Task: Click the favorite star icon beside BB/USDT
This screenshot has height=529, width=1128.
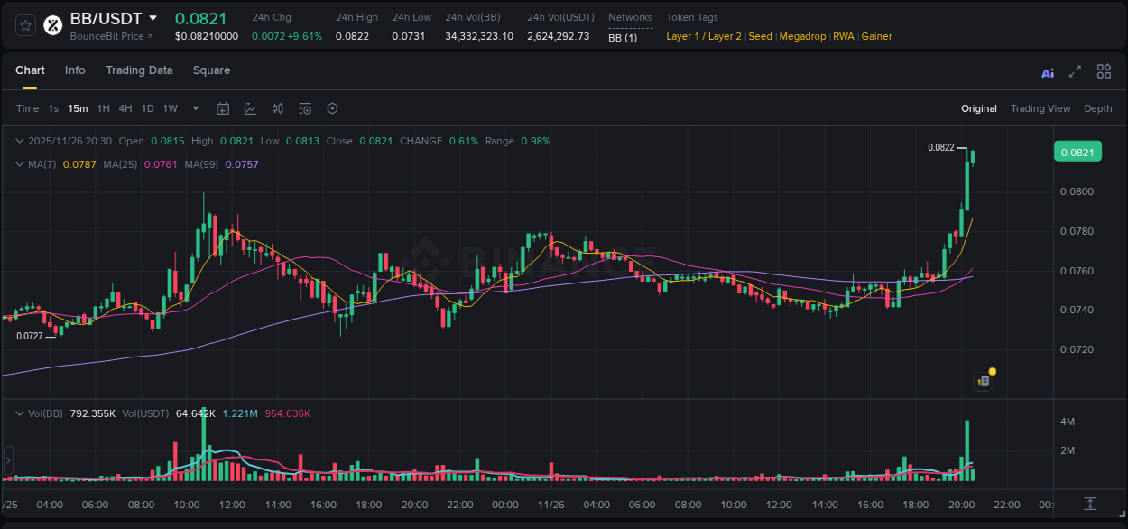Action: pyautogui.click(x=26, y=25)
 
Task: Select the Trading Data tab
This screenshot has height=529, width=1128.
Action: pyautogui.click(x=139, y=70)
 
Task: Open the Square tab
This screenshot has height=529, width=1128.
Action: pyautogui.click(x=211, y=70)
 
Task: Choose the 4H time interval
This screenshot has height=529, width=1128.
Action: pyautogui.click(x=125, y=108)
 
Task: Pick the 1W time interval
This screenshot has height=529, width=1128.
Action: pyautogui.click(x=170, y=108)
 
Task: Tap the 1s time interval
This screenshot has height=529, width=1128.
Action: pyautogui.click(x=53, y=108)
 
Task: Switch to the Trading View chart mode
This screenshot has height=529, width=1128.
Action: pyautogui.click(x=1040, y=108)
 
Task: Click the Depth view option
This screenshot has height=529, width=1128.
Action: pyautogui.click(x=1097, y=108)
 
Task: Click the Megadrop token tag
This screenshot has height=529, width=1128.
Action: pyautogui.click(x=802, y=36)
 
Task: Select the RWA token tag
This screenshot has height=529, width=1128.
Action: pyautogui.click(x=843, y=36)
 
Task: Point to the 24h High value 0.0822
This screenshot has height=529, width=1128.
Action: pyautogui.click(x=352, y=36)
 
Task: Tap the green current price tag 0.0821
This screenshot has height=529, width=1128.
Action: pyautogui.click(x=1077, y=153)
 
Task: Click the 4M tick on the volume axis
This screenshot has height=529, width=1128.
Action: pyautogui.click(x=1067, y=422)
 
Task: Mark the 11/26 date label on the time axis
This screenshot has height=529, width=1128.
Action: pyautogui.click(x=550, y=505)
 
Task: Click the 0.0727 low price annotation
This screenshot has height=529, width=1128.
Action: pyautogui.click(x=30, y=336)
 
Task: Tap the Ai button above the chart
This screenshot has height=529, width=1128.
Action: pyautogui.click(x=1048, y=73)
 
